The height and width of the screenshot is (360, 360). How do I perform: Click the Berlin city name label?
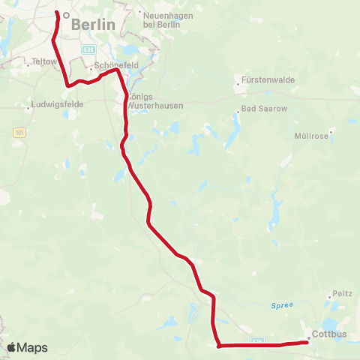tap(94, 25)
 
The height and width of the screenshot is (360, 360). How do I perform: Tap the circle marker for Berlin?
tap(66, 14)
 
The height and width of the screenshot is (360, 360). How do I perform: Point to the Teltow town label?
tap(44, 61)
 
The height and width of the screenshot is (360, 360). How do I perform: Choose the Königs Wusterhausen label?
tap(151, 102)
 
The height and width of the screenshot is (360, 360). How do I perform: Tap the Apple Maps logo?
tap(27, 347)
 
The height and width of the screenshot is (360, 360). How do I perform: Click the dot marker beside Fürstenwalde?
tap(238, 84)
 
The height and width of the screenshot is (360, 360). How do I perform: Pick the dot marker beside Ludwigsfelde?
tap(28, 109)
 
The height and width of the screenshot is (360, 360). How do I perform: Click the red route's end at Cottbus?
tap(307, 342)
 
